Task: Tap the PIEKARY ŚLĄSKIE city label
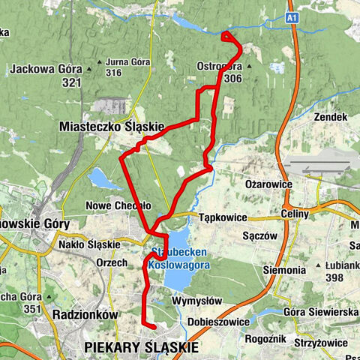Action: (142, 347)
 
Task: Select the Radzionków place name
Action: (85, 315)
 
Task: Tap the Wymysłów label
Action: (193, 300)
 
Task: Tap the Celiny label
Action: (295, 214)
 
